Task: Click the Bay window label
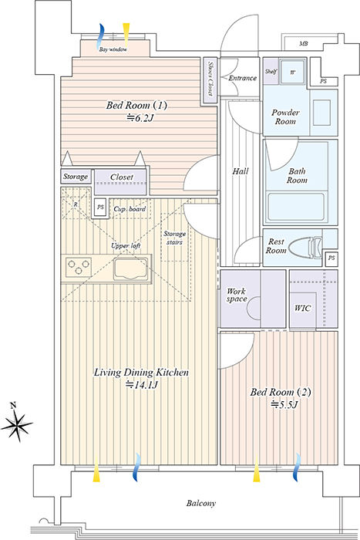[x=113, y=49]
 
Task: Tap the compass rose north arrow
[x=16, y=422]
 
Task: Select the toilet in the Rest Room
[x=305, y=247]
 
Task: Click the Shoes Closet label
[x=210, y=79]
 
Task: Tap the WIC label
[x=302, y=309]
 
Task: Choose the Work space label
[x=237, y=295]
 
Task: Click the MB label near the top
[x=303, y=44]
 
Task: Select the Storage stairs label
[x=174, y=238]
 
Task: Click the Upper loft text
[x=126, y=246]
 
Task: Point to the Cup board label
[x=130, y=209]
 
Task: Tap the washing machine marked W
[x=292, y=72]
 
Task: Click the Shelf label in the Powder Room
[x=271, y=72]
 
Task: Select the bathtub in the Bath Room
[x=296, y=208]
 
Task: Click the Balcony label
[x=201, y=504]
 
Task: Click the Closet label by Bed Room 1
[x=122, y=177]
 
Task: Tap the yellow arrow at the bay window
[x=126, y=35]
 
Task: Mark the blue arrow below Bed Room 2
[x=297, y=467]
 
